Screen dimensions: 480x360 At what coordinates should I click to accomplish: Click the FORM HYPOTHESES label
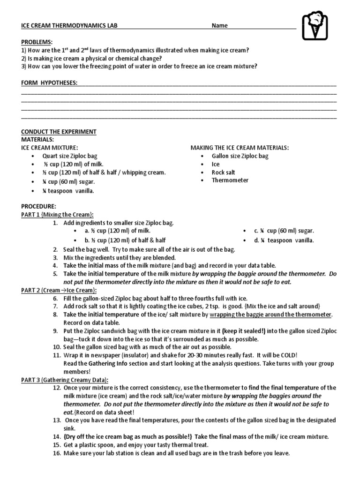coord(49,83)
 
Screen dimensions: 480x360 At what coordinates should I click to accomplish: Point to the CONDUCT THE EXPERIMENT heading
coord(59,132)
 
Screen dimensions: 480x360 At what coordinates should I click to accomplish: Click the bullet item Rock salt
coord(224,172)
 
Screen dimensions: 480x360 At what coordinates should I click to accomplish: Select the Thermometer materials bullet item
coord(230,180)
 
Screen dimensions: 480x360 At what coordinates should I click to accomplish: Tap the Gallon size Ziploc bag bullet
coord(240,156)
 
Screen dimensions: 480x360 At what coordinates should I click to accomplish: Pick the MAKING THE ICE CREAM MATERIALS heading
coord(240,148)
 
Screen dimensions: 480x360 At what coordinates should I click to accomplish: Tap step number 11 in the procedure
coord(55,355)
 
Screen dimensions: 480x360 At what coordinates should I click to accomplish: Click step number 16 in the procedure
coord(55,453)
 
